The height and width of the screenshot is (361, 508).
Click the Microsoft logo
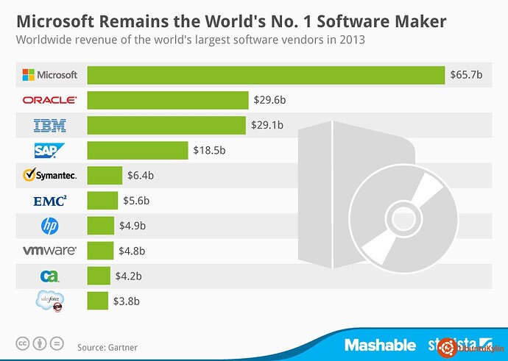(50, 75)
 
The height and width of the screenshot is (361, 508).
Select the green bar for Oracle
(168, 100)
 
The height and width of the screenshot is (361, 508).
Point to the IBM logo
(50, 126)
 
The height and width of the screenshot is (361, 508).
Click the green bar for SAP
(138, 151)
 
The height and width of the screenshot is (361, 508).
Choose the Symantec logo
(50, 176)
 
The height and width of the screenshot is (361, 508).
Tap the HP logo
(50, 226)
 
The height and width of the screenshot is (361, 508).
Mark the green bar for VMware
(100, 251)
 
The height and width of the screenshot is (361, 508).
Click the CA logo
(50, 276)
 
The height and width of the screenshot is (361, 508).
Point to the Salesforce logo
(50, 301)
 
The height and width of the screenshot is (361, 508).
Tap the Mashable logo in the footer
(380, 345)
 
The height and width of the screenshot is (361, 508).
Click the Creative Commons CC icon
(24, 344)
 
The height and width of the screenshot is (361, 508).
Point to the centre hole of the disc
(403, 218)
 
